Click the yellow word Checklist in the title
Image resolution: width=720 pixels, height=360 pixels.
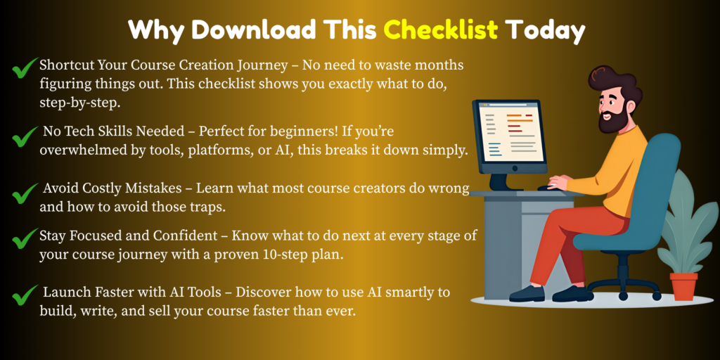(441, 30)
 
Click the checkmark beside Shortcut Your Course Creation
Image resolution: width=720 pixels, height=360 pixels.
(25, 68)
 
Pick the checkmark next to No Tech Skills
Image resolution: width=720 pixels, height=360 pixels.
(25, 137)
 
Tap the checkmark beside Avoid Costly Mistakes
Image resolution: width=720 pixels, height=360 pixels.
(25, 193)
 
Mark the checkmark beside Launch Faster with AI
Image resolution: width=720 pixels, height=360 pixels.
(25, 295)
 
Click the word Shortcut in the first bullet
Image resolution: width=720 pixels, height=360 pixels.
(67, 65)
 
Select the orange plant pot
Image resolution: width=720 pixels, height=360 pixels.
(683, 286)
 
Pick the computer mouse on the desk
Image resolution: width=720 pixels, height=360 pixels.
(546, 188)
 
